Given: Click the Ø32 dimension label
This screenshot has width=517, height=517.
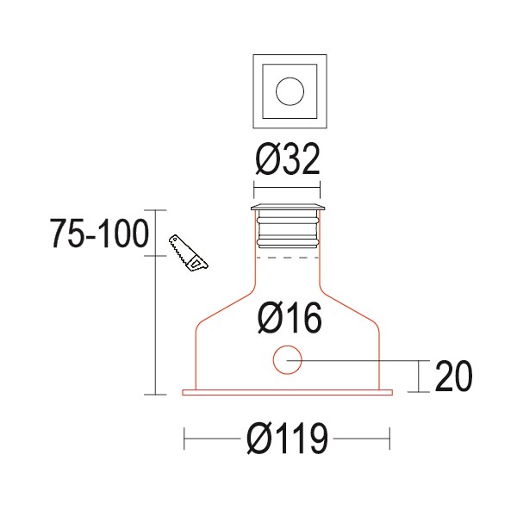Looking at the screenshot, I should tap(288, 160).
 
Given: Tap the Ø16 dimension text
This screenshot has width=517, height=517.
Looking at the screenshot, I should tap(290, 319).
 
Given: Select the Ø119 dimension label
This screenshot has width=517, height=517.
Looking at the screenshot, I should tap(287, 441).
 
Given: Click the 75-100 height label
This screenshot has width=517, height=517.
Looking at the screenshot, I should tap(100, 234).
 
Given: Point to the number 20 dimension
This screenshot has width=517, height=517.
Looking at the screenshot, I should tap(453, 377).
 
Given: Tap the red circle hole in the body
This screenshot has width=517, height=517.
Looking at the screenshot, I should tap(287, 360).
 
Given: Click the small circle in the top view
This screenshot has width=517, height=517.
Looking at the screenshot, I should tap(288, 90).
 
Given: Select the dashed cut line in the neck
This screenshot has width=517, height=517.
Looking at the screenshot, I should tap(288, 257).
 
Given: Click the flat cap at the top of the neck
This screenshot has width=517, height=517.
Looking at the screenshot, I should tap(288, 208).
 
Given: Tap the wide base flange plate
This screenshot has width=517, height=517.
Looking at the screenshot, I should tap(288, 393).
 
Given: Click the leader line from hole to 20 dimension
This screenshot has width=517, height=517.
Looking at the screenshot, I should tap(362, 360).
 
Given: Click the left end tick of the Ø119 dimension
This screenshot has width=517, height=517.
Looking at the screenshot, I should tap(185, 441).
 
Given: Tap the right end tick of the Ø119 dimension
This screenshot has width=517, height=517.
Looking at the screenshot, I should tap(390, 441).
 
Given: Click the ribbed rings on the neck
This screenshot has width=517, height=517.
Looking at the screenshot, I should tap(288, 228).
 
